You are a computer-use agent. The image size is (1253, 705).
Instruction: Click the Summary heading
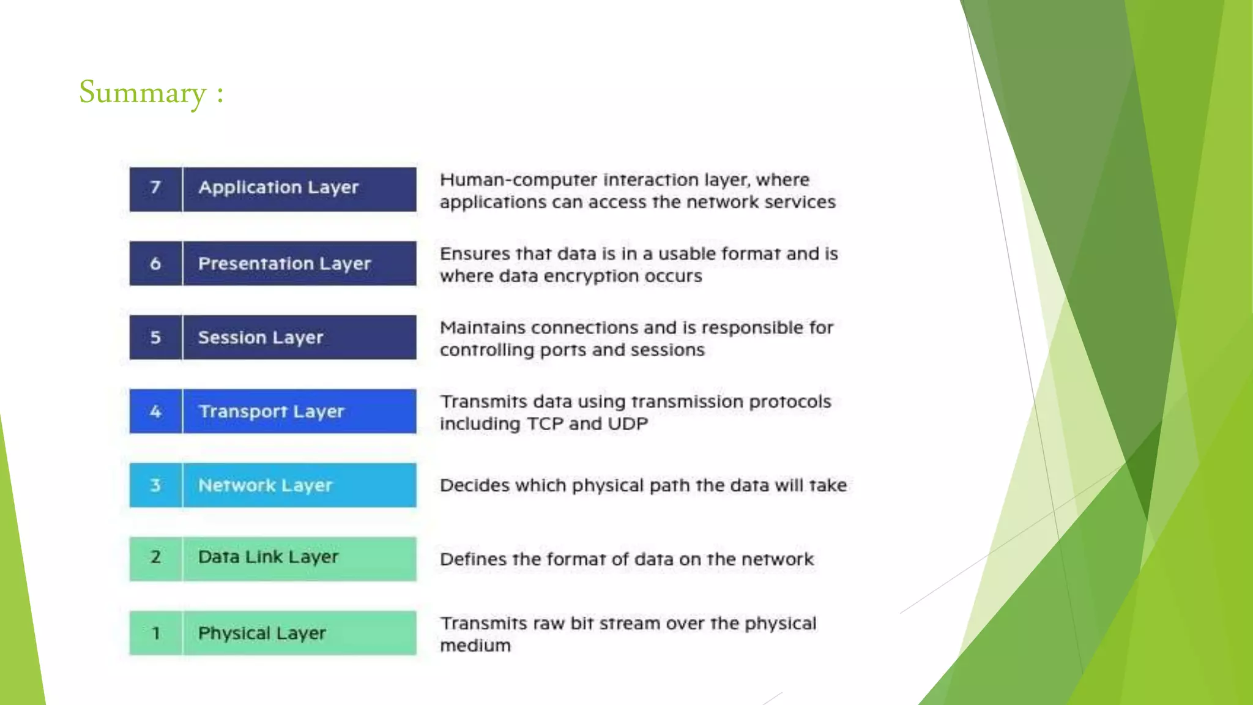click(x=151, y=93)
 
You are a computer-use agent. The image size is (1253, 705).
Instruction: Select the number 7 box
click(x=155, y=189)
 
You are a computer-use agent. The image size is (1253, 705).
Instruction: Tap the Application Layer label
click(x=278, y=188)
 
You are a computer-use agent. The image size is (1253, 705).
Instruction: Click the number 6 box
click(x=155, y=263)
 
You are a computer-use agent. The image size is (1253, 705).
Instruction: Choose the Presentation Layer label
click(x=284, y=264)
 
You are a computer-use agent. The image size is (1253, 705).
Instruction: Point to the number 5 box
click(x=155, y=337)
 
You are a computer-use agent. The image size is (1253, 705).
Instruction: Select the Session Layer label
click(x=261, y=338)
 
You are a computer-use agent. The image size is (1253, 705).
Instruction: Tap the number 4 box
click(x=155, y=411)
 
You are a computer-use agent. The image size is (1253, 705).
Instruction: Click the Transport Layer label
click(x=272, y=412)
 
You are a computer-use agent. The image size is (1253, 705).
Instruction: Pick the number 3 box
click(x=155, y=485)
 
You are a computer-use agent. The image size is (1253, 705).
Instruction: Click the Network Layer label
click(x=265, y=486)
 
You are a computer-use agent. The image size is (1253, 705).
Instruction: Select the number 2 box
click(x=155, y=558)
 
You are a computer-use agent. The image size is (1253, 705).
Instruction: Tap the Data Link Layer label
click(x=268, y=558)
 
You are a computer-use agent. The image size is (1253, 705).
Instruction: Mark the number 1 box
click(x=155, y=633)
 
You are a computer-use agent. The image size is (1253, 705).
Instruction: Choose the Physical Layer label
click(x=262, y=633)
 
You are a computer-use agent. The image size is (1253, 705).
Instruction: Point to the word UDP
click(x=628, y=424)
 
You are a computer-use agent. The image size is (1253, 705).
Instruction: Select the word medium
click(x=475, y=646)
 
